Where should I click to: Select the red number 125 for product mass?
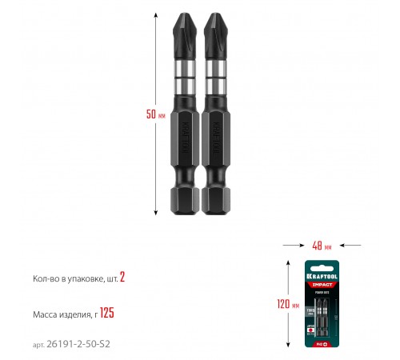click(107, 313)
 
